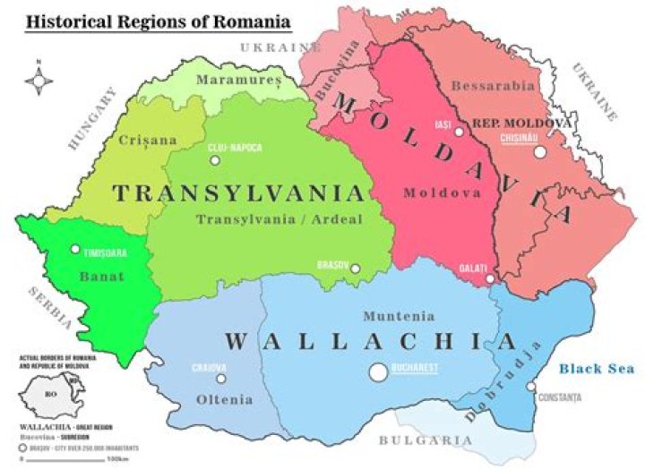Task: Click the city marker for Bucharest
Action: coord(379,371)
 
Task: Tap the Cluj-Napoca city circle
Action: coord(214,161)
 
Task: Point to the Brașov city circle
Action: coord(355,268)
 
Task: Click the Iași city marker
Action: coord(459,132)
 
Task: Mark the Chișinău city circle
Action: coord(539,152)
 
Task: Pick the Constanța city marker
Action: coord(531,388)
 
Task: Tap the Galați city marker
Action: coord(489,279)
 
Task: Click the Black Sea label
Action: coord(597,368)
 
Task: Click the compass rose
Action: coord(38,81)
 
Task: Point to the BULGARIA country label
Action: coord(425,440)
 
